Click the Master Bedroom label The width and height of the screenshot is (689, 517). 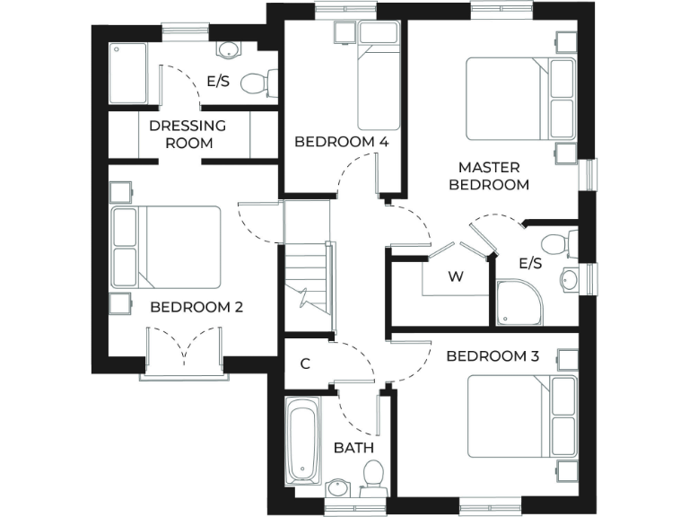493,176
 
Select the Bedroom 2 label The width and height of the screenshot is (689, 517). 196,307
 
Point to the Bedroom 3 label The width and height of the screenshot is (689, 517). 493,356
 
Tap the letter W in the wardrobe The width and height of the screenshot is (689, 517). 456,276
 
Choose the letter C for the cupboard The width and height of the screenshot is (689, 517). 305,364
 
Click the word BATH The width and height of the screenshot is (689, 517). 353,448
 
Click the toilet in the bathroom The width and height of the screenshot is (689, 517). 372,480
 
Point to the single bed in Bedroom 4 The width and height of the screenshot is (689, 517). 378,76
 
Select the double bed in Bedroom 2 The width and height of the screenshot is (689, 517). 166,247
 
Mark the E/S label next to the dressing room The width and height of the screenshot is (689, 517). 218,81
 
